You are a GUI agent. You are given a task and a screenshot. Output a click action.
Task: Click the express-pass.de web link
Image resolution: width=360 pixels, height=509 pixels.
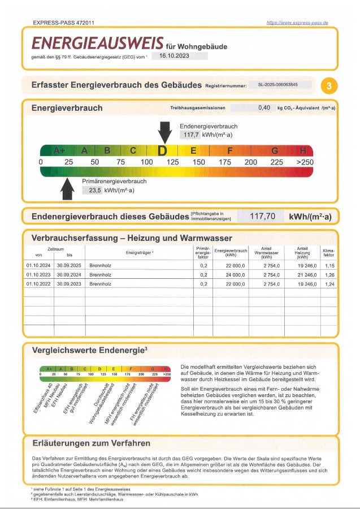tap(297, 23)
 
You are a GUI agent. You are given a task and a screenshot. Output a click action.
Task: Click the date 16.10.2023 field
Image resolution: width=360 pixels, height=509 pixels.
tap(180, 55)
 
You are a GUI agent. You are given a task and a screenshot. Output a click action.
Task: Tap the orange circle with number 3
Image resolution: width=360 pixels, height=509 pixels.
tap(329, 86)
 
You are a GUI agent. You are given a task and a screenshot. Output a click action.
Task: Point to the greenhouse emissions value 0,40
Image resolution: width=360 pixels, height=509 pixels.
tap(264, 107)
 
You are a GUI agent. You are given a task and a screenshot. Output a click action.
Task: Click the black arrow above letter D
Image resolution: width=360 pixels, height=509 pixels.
tap(164, 133)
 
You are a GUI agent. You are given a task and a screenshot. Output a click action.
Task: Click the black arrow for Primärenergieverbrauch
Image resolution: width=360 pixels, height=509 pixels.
tap(68, 189)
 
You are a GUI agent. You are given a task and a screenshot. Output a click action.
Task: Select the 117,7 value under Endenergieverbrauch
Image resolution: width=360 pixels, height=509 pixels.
tap(190, 135)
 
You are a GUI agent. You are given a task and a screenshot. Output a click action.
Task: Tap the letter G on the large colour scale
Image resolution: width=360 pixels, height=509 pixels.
tap(275, 151)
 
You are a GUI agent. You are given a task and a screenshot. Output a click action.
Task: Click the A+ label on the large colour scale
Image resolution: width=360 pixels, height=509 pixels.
tap(59, 151)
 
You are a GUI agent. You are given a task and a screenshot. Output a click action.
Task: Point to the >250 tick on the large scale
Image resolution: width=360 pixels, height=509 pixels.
tap(304, 162)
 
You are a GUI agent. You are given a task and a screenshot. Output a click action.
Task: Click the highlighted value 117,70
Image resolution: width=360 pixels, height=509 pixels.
tap(262, 216)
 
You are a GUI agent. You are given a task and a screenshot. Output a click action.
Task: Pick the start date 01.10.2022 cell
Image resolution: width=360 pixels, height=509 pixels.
tap(37, 284)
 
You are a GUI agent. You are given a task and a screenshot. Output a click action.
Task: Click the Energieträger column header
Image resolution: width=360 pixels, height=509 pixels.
tap(140, 253)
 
